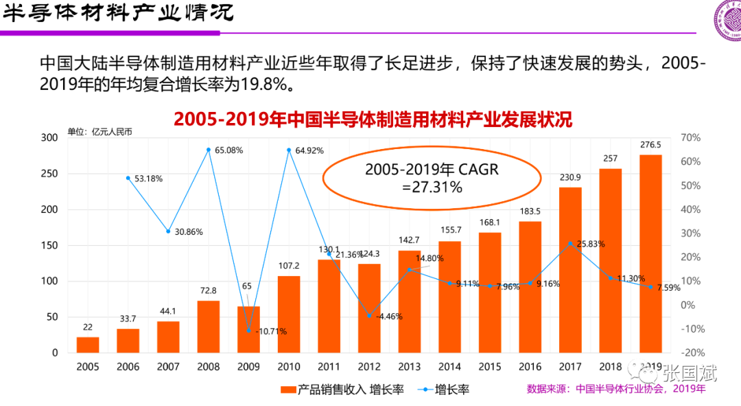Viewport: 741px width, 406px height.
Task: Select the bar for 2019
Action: (650, 253)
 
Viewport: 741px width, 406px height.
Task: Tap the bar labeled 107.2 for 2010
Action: (289, 314)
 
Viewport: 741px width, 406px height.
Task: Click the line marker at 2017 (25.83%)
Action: (570, 244)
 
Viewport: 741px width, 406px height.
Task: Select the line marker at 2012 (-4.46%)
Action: (369, 316)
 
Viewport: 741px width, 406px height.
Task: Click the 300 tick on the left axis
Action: (49, 137)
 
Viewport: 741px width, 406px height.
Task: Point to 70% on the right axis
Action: (691, 137)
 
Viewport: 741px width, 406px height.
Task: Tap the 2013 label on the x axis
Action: (409, 368)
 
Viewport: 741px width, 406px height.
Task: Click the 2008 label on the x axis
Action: (209, 368)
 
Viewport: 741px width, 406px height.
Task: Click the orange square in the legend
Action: (288, 390)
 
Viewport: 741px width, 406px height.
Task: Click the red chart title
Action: (373, 119)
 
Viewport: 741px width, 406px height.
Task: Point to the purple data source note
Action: (615, 389)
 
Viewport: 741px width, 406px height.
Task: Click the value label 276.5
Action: (650, 145)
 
